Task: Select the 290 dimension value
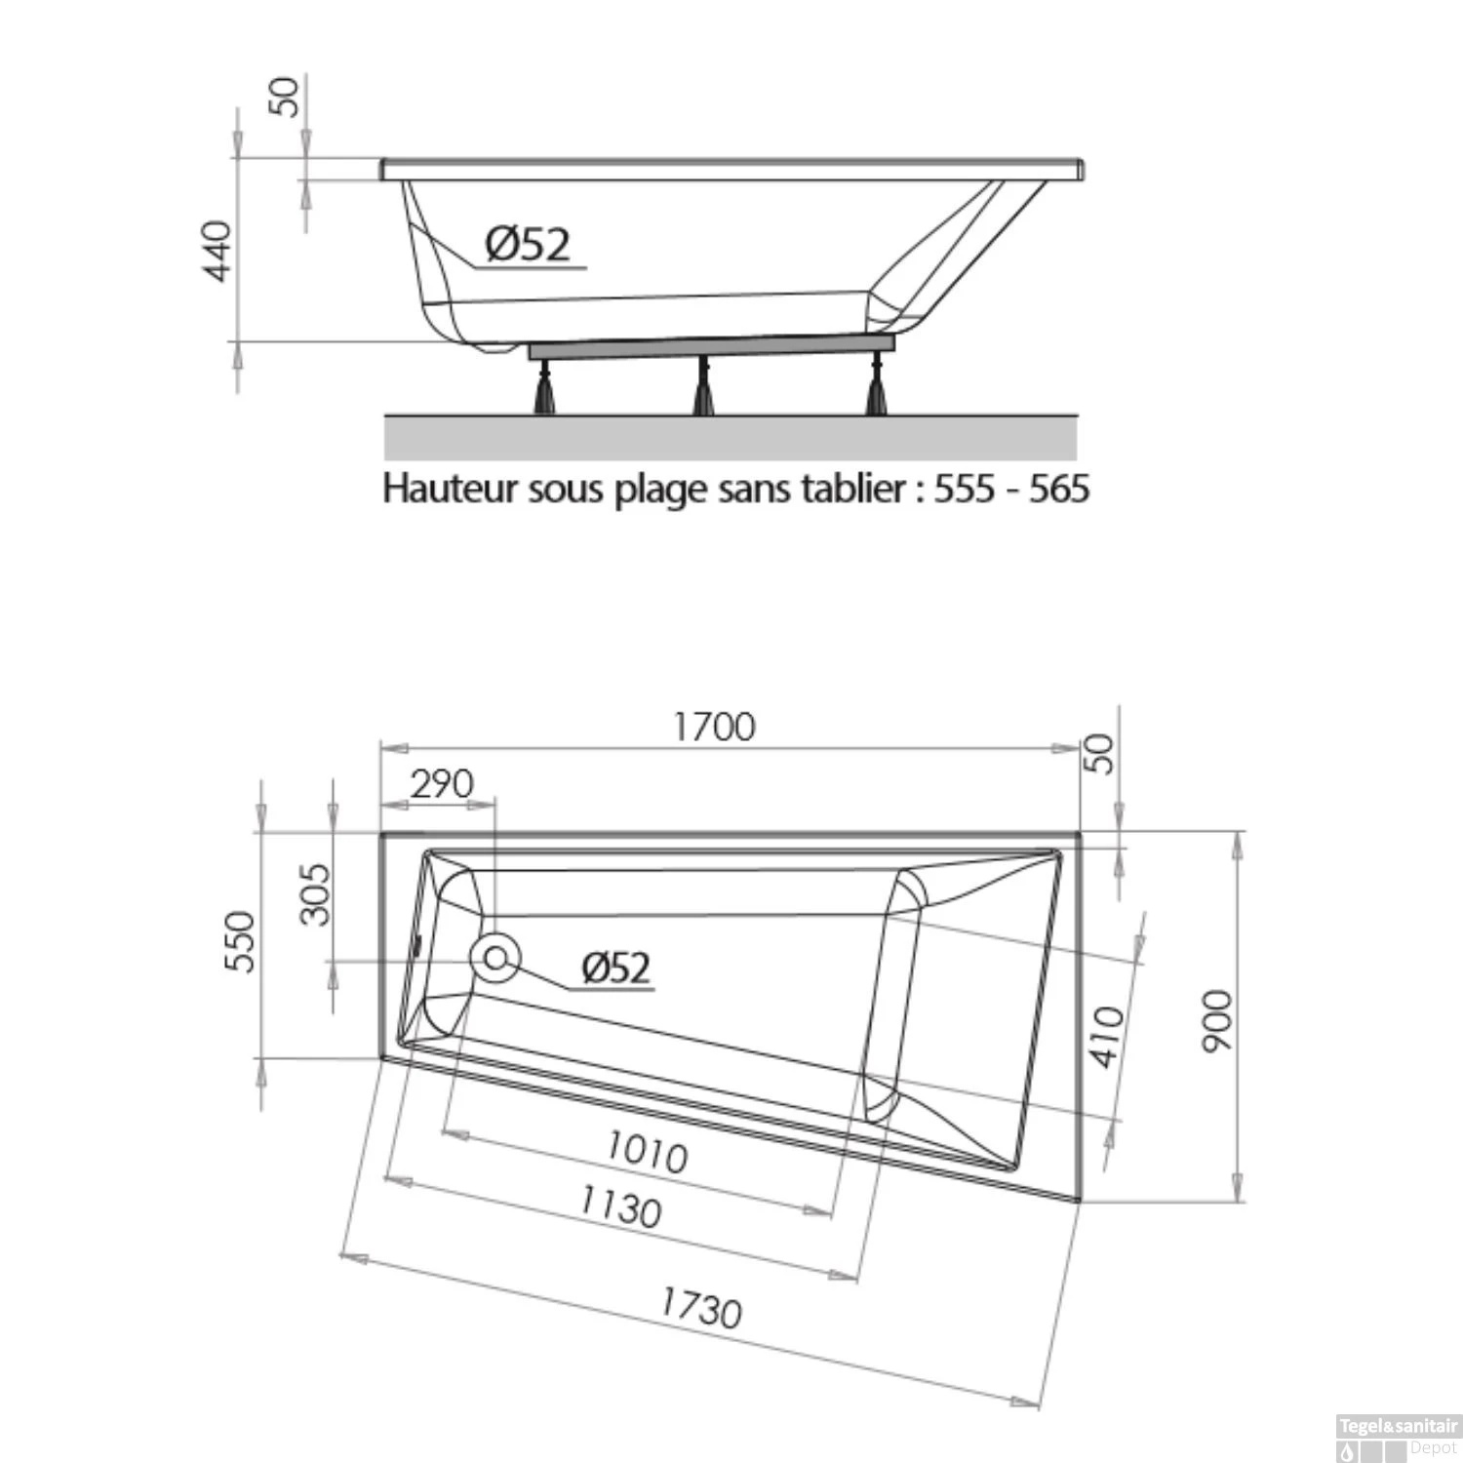(x=441, y=784)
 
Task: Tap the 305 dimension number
(x=315, y=894)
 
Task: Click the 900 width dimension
(x=1217, y=1020)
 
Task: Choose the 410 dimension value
(x=1106, y=1037)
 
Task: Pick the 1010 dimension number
(x=647, y=1152)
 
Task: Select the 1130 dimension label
(x=620, y=1208)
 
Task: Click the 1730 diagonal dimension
(x=700, y=1308)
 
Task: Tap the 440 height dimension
(x=217, y=251)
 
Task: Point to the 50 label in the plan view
(x=1099, y=754)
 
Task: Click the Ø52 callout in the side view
(x=527, y=244)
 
